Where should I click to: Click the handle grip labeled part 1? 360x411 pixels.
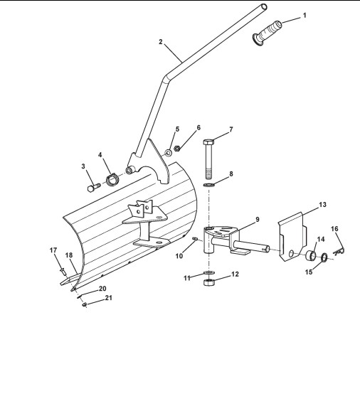tap(268, 33)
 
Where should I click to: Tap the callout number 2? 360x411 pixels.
tap(161, 42)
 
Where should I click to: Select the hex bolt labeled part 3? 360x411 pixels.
tap(94, 188)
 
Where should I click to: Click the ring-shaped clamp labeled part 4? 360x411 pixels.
tap(112, 180)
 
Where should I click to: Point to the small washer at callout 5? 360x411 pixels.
tap(168, 152)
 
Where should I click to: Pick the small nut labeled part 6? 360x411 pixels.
tap(177, 149)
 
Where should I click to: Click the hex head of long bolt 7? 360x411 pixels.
tap(208, 142)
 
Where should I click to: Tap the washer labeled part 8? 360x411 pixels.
tap(209, 185)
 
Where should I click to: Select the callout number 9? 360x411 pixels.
tap(258, 219)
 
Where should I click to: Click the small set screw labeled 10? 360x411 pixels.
tap(195, 239)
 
